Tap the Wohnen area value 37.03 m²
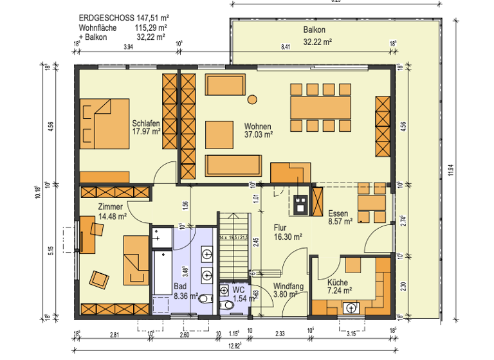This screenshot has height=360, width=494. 259,135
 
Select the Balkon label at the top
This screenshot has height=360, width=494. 315,30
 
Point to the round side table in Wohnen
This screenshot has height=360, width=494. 252,99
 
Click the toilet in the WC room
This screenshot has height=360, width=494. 224,305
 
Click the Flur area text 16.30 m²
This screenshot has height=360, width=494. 288,237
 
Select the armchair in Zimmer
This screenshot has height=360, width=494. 100,278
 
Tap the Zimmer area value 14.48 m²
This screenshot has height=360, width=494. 113,217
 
